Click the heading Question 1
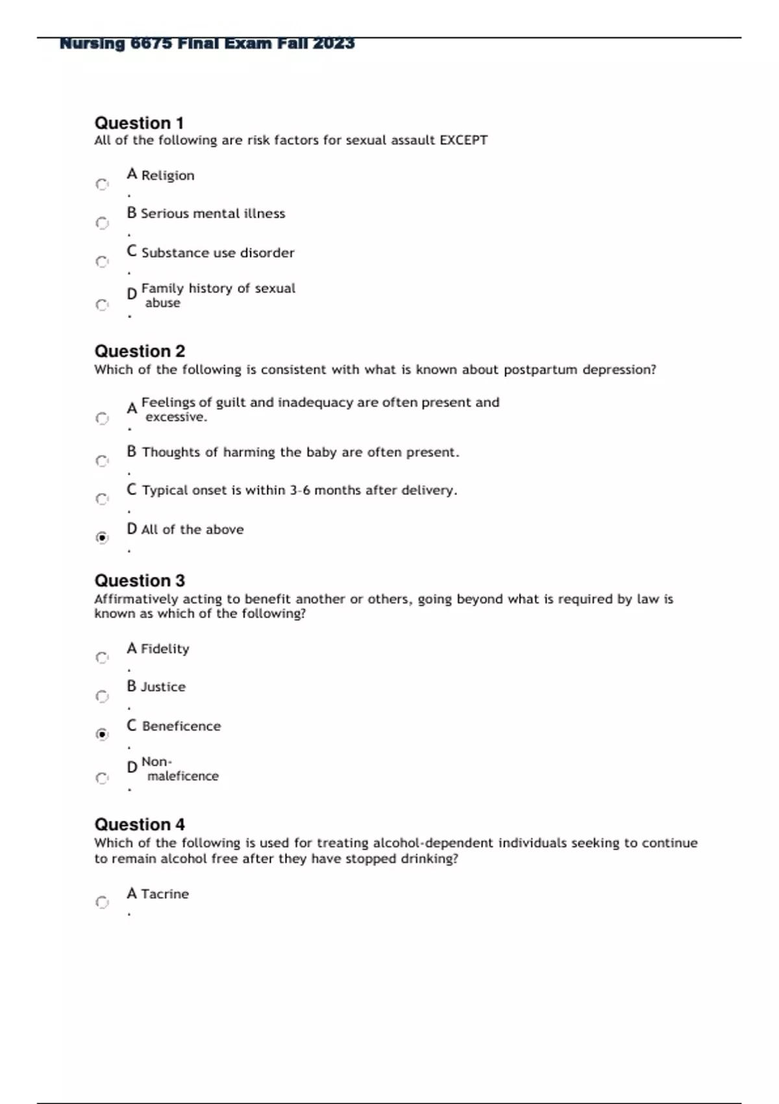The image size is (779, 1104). [x=139, y=123]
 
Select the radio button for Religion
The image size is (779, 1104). [x=102, y=184]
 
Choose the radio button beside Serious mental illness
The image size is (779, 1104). [x=102, y=223]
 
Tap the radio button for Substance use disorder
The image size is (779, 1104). [x=102, y=262]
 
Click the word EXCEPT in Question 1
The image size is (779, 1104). [x=464, y=140]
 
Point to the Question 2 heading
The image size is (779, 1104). [x=140, y=351]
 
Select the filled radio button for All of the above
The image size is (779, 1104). [x=102, y=538]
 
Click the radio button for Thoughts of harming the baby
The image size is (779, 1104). [x=102, y=461]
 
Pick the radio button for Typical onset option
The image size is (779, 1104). [x=102, y=499]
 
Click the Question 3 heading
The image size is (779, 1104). [x=140, y=581]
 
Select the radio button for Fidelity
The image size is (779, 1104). [x=102, y=658]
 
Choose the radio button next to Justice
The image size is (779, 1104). [x=102, y=696]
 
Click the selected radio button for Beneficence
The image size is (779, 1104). [x=102, y=734]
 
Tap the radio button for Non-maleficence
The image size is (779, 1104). [x=102, y=778]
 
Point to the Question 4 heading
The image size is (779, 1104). [x=140, y=825]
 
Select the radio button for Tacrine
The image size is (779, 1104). [x=102, y=902]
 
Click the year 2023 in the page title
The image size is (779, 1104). [x=334, y=44]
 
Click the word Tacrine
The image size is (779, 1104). [x=165, y=894]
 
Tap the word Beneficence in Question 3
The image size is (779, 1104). [x=181, y=726]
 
